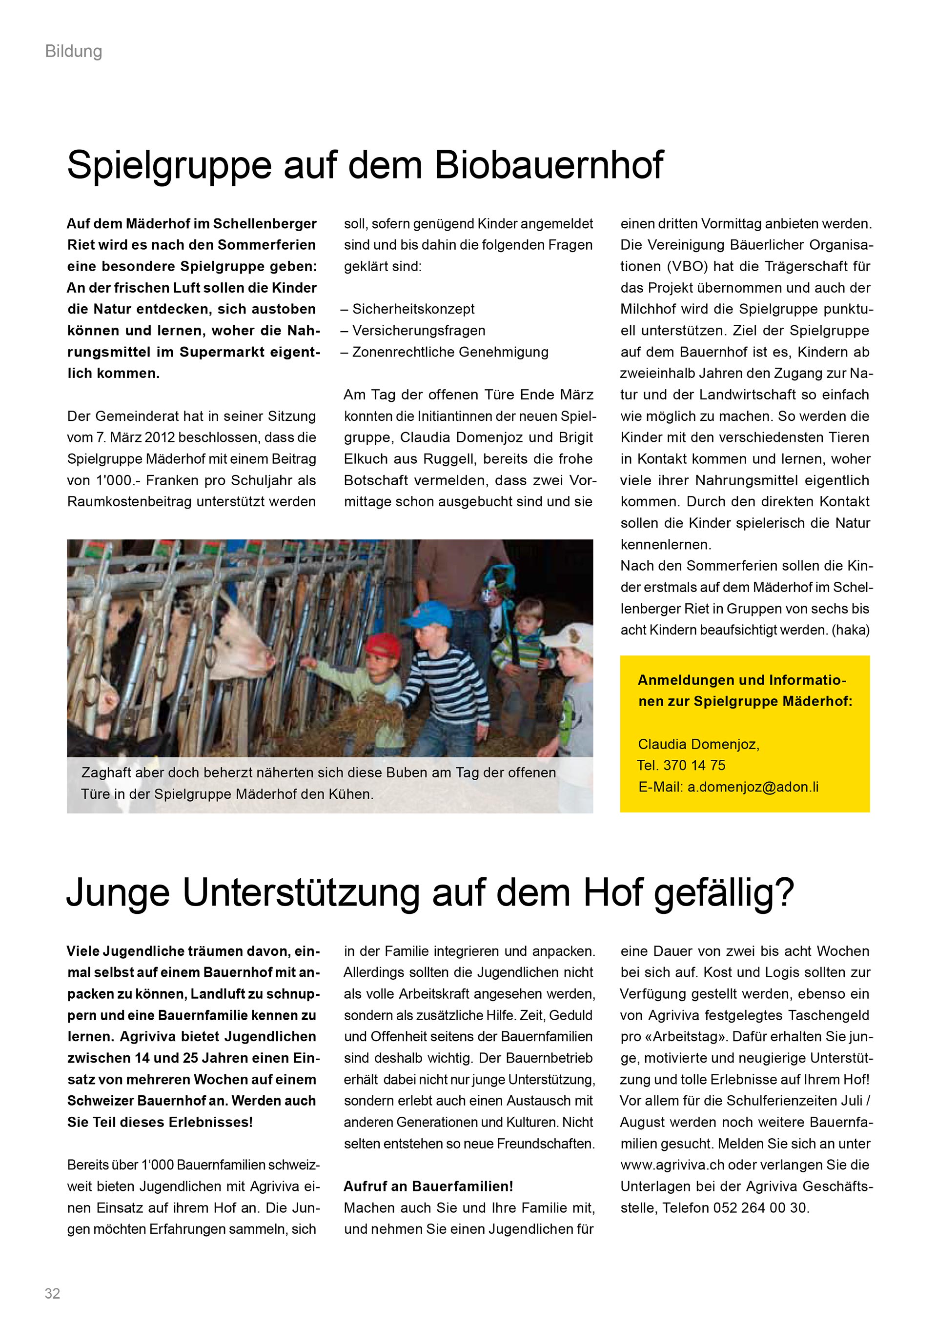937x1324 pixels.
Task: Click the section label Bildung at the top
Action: coord(73,52)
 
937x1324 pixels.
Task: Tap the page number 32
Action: coord(53,1293)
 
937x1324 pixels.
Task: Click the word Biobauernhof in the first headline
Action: coord(549,165)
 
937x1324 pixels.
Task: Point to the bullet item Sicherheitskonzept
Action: coord(413,309)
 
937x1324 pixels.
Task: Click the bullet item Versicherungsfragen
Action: coord(418,331)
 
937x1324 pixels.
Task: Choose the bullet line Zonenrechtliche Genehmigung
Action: coord(450,352)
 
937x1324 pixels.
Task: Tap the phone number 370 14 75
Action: coord(694,765)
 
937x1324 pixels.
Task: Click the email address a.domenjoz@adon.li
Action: coord(753,787)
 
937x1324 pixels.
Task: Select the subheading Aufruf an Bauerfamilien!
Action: coord(428,1186)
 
